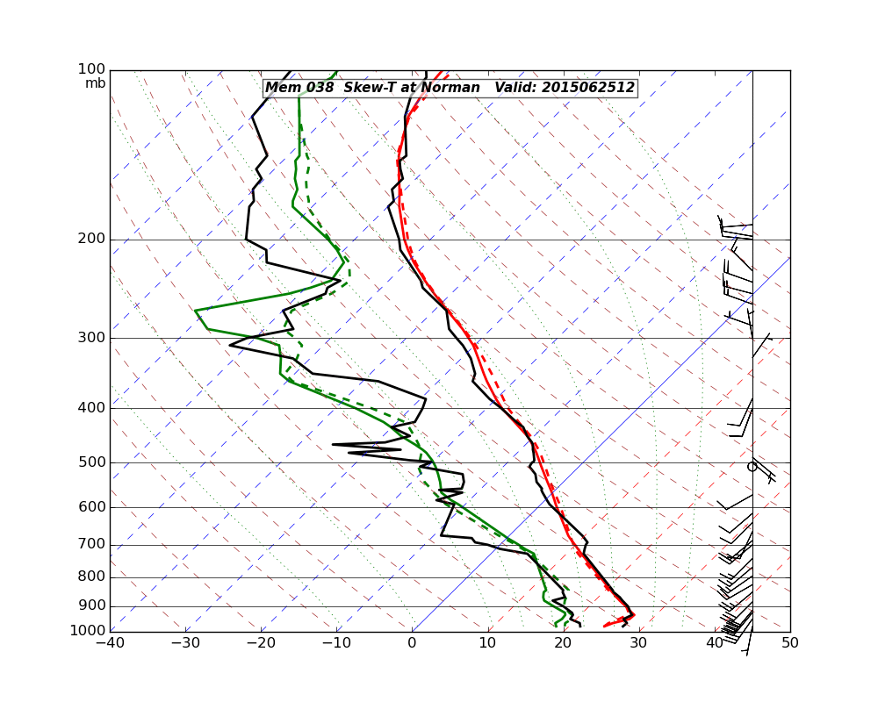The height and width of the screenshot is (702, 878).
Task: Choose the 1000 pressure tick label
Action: coord(89,631)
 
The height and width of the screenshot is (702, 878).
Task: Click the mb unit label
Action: coord(95,83)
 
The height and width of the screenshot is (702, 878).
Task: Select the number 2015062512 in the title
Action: coord(587,88)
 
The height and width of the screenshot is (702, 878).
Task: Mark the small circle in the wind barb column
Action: coord(752,467)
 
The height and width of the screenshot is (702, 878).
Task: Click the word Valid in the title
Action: coord(515,88)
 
